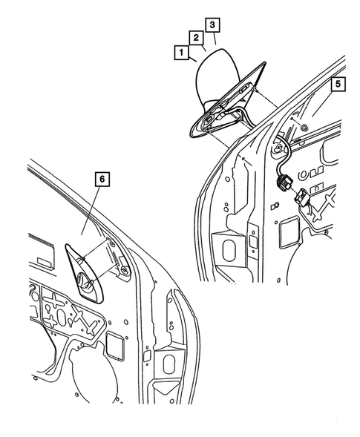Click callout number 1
180,53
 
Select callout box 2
196,37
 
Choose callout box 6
102,179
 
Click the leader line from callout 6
94,215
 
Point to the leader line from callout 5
327,108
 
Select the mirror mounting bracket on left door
115,258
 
